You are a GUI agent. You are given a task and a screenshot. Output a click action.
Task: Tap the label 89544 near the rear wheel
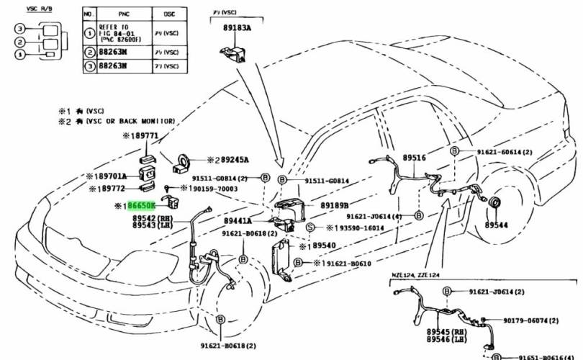click(495, 225)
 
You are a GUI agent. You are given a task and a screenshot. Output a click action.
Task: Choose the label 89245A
click(233, 160)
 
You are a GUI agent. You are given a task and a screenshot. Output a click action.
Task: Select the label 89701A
click(112, 176)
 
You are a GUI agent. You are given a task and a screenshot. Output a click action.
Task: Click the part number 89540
click(322, 246)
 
